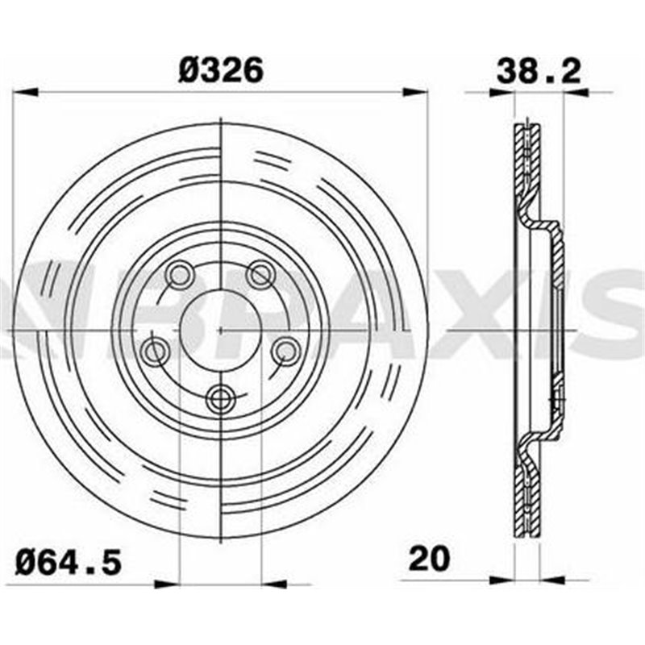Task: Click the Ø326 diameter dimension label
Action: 220,70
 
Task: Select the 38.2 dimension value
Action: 539,70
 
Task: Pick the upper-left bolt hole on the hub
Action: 178,276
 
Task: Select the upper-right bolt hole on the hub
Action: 260,276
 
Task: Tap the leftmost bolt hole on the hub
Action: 153,351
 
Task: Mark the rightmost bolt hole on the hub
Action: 285,351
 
